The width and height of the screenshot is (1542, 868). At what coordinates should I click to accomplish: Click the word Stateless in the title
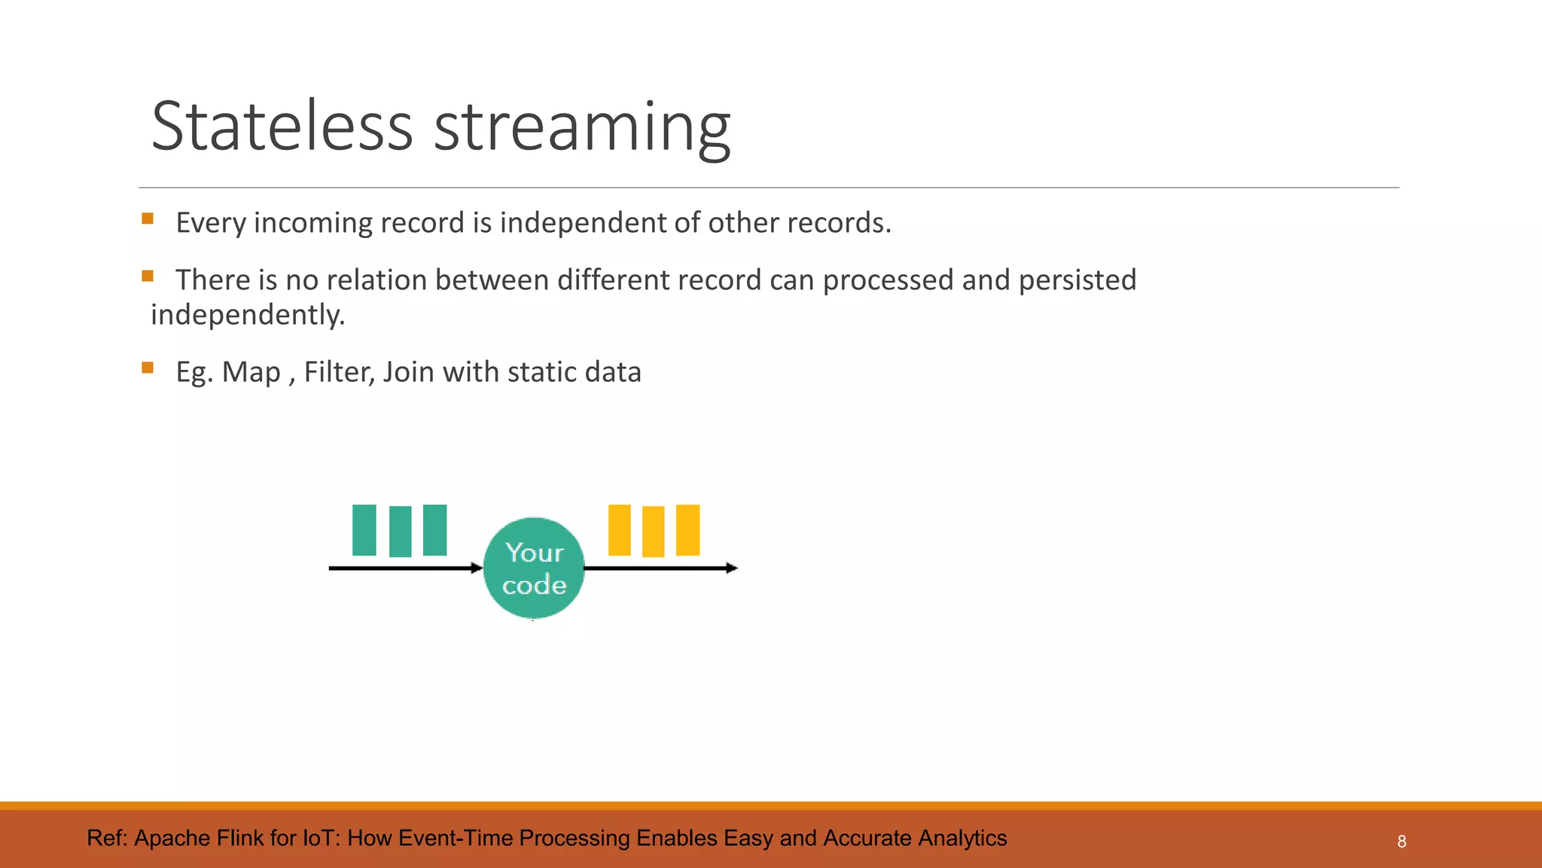click(282, 126)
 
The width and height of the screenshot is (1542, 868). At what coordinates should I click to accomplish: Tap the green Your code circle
click(534, 568)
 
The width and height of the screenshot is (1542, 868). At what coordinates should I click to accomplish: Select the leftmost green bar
click(364, 530)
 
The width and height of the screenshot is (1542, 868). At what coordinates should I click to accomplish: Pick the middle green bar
click(400, 531)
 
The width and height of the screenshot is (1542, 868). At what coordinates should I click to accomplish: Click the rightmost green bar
click(435, 530)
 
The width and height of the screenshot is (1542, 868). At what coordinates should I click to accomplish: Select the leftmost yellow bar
click(619, 530)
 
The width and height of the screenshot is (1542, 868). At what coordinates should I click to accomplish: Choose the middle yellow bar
click(653, 531)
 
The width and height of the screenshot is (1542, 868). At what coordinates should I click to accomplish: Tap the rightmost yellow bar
click(687, 530)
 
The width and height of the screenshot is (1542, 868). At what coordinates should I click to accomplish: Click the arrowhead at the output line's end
click(732, 568)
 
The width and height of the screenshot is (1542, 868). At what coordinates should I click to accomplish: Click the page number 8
click(1401, 842)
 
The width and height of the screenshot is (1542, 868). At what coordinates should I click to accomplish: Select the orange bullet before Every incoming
click(148, 219)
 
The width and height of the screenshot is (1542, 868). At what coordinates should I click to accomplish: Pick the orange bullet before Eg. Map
click(148, 368)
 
